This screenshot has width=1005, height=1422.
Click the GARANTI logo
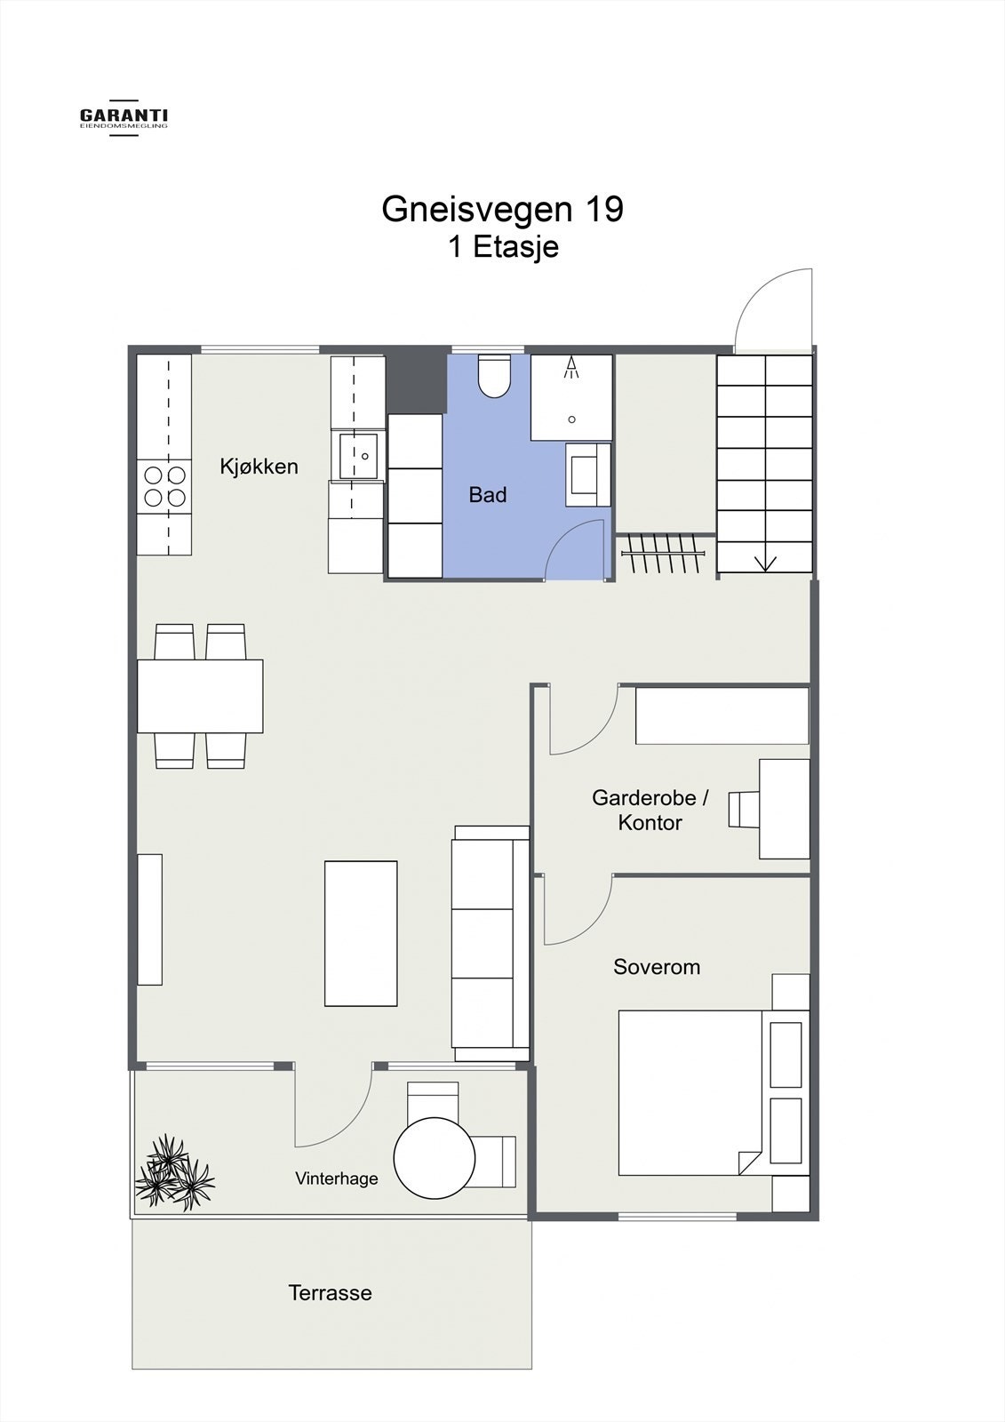[124, 117]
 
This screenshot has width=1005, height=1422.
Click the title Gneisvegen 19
[503, 209]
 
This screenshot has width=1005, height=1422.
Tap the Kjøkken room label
[259, 467]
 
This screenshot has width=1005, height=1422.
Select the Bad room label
[488, 494]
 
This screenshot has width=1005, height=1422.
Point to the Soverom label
[657, 967]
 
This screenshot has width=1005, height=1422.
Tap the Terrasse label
[331, 1292]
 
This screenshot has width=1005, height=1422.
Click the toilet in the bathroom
[495, 376]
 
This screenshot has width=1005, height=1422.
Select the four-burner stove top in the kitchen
[164, 486]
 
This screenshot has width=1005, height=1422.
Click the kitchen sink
[358, 456]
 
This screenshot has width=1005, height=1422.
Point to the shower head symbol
[571, 368]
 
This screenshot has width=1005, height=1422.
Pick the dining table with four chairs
[200, 697]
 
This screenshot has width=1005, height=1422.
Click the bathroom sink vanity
[588, 475]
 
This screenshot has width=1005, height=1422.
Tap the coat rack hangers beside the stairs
[664, 553]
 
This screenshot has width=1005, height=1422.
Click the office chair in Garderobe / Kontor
[744, 810]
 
